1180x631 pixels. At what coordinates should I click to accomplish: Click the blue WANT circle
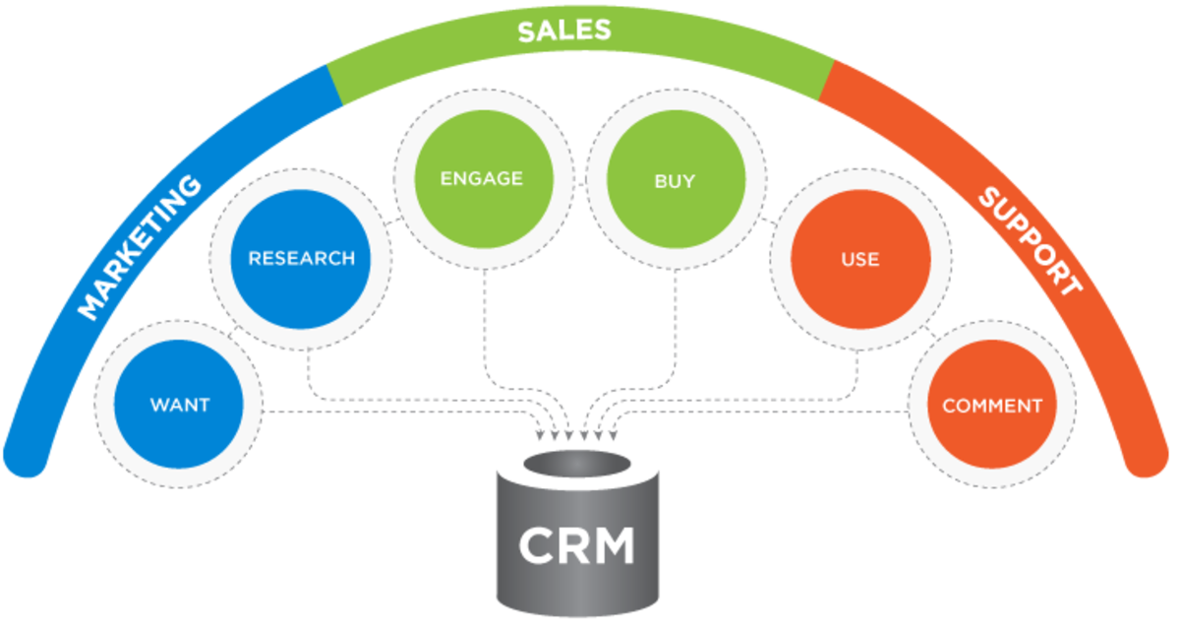tap(179, 405)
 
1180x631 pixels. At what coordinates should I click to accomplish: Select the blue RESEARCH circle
tap(301, 259)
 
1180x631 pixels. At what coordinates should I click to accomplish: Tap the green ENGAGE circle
tap(482, 179)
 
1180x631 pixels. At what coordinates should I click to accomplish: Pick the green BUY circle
tap(675, 180)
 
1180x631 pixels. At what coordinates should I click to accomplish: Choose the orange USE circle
tap(859, 260)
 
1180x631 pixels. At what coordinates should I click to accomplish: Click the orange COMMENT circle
tap(991, 405)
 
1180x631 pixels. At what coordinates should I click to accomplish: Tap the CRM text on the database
tap(577, 545)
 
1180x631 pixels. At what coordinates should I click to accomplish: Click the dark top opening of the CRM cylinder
tap(577, 463)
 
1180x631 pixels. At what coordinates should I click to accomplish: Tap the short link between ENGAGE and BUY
tap(580, 183)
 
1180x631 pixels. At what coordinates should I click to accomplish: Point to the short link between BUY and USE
tap(767, 224)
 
